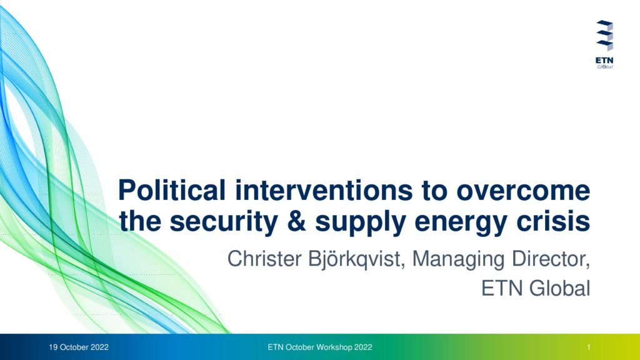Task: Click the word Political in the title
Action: [x=172, y=190]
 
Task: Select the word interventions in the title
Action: [x=324, y=190]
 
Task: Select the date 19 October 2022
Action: [x=79, y=347]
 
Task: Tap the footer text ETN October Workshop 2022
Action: [x=320, y=347]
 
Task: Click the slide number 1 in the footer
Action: [x=589, y=347]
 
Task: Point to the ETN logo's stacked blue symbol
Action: [x=604, y=36]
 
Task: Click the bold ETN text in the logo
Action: [x=604, y=61]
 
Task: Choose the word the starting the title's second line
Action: [x=139, y=221]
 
